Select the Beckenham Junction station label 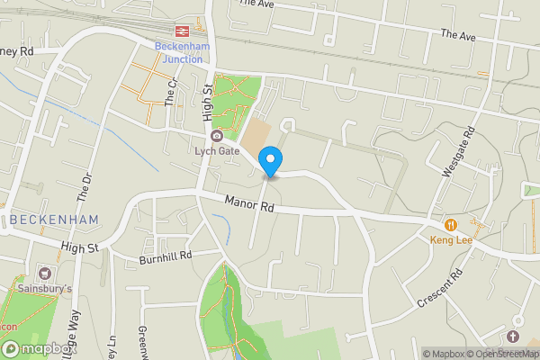[x=182, y=52]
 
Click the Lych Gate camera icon [x=216, y=136]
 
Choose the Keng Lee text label [x=450, y=240]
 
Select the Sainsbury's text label [x=45, y=289]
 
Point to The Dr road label [x=86, y=184]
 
